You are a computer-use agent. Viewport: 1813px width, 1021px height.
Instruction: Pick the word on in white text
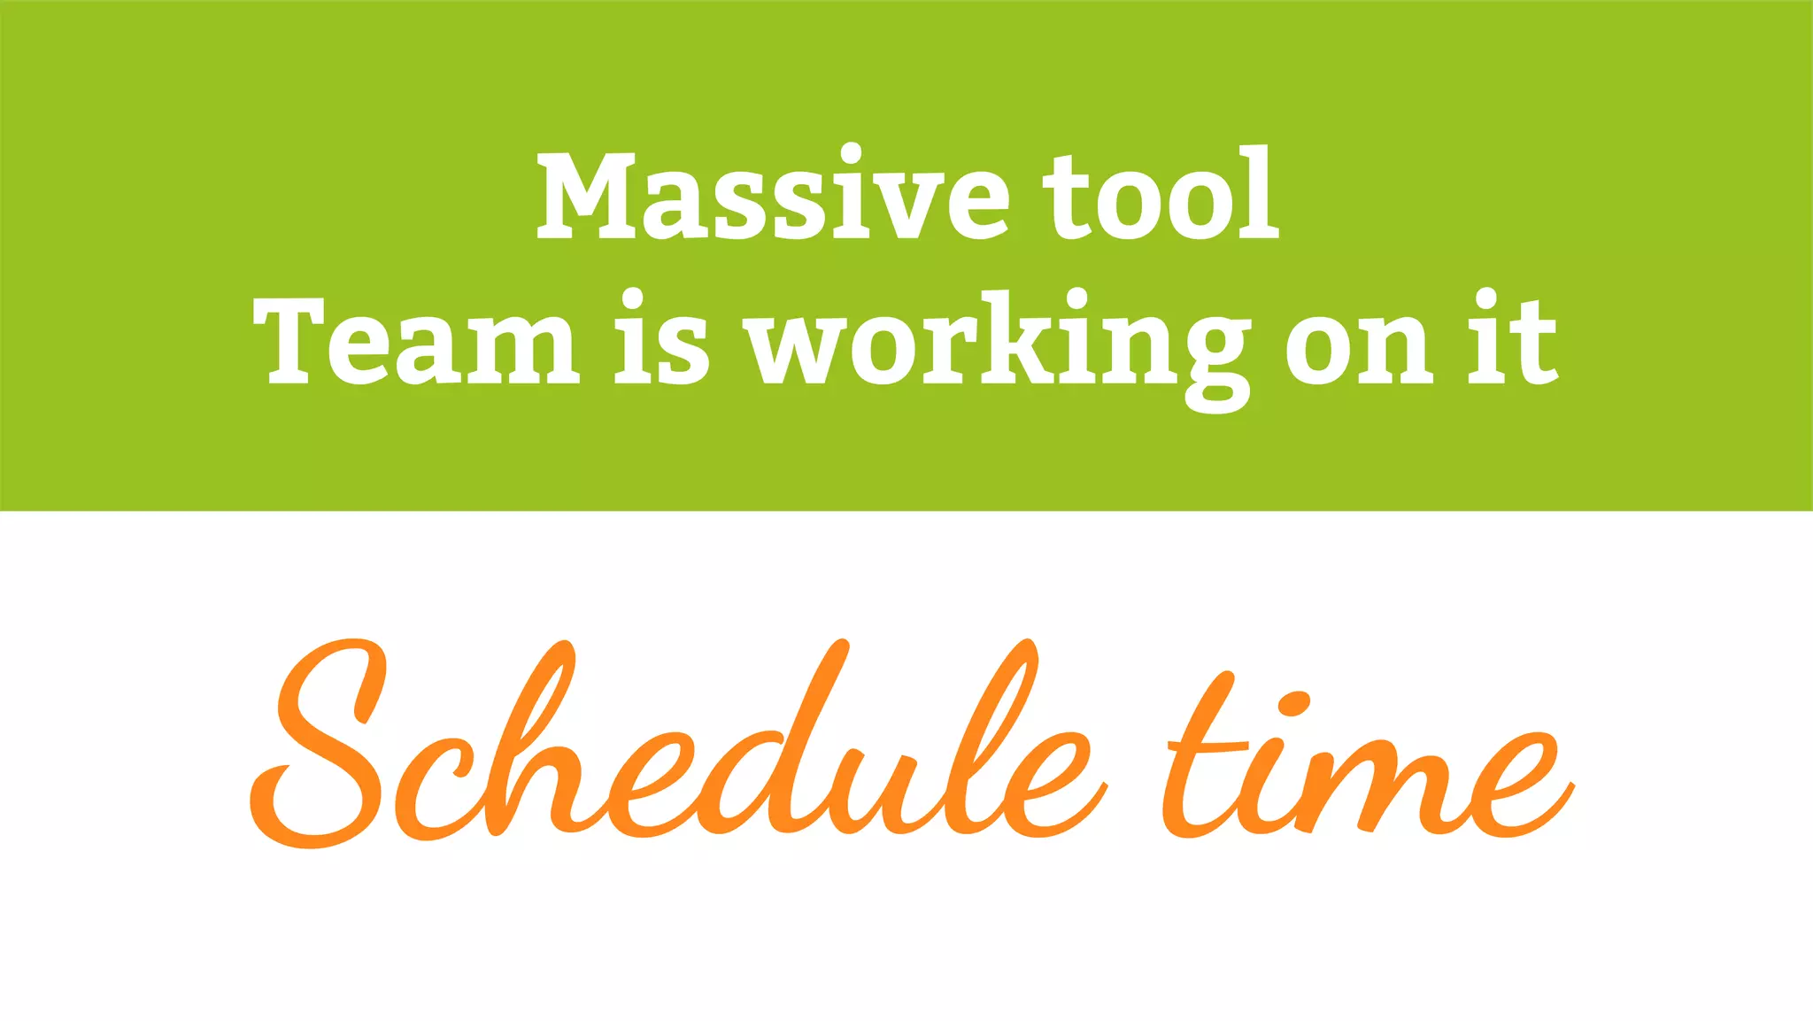1359,344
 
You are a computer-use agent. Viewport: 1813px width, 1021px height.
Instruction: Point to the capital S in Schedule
319,744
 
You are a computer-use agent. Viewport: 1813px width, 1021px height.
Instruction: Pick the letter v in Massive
876,205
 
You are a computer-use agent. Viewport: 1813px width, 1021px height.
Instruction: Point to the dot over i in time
1296,705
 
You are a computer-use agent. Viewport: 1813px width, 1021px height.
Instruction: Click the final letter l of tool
1257,193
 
